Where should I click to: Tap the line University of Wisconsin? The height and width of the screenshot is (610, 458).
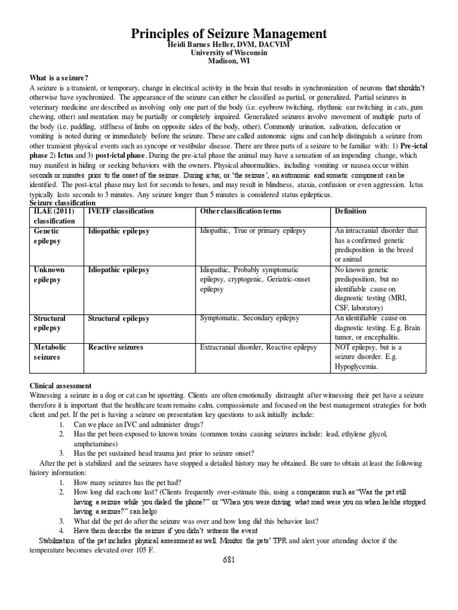pos(229,52)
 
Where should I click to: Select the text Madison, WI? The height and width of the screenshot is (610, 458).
pos(229,61)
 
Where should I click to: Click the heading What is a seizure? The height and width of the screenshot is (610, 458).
pos(59,77)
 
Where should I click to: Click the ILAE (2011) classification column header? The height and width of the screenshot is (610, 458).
pos(54,216)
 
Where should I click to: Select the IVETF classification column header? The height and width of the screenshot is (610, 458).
pos(120,211)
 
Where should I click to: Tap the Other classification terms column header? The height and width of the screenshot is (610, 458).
pos(241,211)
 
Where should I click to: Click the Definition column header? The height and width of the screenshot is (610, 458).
pos(351,211)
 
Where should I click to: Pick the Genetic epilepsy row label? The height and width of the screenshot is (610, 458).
pos(48,236)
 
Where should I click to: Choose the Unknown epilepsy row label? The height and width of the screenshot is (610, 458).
pos(49,275)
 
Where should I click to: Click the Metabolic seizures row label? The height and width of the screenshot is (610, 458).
pos(50,352)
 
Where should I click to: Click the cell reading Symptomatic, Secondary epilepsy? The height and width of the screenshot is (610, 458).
pos(250,319)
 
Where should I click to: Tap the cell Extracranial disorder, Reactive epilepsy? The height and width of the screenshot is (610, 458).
pos(258,347)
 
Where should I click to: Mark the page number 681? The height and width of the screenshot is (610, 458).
pos(229,560)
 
